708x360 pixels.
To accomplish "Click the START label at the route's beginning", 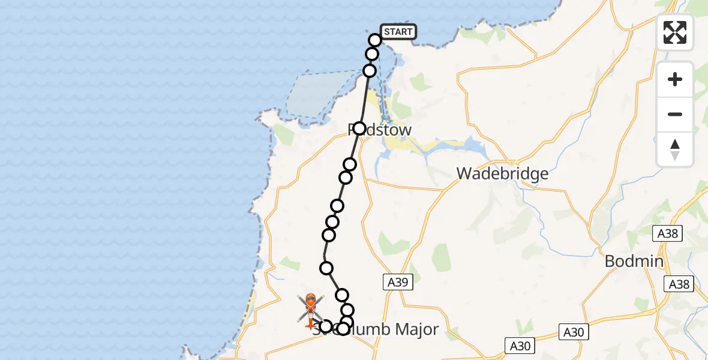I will coord(398,32).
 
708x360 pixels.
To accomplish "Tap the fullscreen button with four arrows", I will coord(675,32).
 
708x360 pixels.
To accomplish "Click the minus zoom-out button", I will coord(675,114).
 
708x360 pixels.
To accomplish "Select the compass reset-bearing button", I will coord(675,149).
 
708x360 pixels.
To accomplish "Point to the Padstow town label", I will coord(380,130).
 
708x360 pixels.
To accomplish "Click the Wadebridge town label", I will coord(502,174).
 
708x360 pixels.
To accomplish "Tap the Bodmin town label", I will coord(634,262).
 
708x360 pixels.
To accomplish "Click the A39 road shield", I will coord(398,283).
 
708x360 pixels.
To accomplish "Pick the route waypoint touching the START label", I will coord(375,40).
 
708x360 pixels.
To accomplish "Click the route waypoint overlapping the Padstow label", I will coord(359,128).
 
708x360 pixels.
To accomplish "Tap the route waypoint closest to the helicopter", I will coord(326,326).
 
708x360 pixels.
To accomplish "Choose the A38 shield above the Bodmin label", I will coord(667,233).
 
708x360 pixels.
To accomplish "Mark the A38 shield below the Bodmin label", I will coord(679,284).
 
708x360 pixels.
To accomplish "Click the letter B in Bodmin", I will coord(610,262).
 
